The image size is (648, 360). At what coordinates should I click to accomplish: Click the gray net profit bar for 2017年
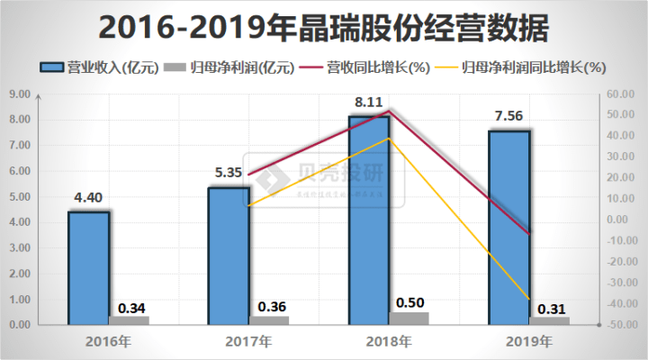click(x=269, y=319)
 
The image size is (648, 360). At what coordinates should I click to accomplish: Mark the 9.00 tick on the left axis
click(x=20, y=93)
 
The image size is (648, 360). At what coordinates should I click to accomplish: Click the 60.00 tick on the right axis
click(x=622, y=93)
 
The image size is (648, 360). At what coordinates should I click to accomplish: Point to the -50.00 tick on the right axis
click(x=620, y=324)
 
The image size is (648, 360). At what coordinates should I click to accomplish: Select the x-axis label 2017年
click(x=248, y=342)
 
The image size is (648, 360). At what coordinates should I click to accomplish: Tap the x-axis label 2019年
click(x=529, y=342)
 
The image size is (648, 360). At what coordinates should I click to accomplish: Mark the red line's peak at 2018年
click(x=389, y=111)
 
